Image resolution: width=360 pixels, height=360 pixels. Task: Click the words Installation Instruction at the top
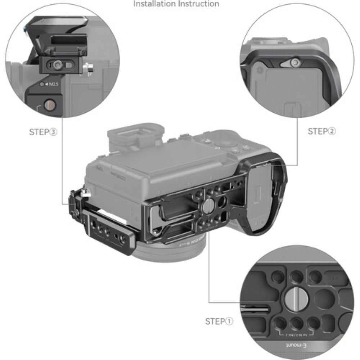176,4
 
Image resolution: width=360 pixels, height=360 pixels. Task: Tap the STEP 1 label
219,321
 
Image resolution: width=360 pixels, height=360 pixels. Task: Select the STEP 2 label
321,131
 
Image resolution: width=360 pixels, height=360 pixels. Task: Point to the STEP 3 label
43,132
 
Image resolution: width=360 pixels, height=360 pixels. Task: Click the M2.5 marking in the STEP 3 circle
51,84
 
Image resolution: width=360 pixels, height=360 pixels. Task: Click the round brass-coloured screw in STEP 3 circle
48,105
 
